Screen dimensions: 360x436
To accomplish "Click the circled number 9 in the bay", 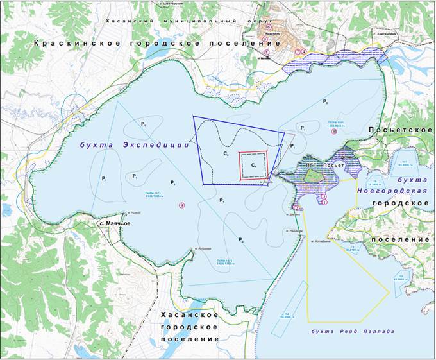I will (x=182, y=205).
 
